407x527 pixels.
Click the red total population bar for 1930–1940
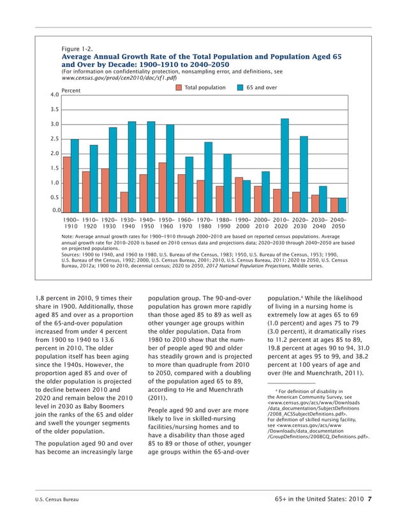pyautogui.click(x=124, y=202)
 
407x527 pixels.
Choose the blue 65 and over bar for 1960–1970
pyautogui.click(x=189, y=184)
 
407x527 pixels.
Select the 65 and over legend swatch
pyautogui.click(x=241, y=87)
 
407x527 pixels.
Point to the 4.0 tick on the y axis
pyautogui.click(x=54, y=95)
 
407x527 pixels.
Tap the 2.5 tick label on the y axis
pyautogui.click(x=54, y=139)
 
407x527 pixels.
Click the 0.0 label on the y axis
pyautogui.click(x=54, y=211)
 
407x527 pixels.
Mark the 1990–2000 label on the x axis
pyautogui.click(x=242, y=222)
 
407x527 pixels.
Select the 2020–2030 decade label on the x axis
pyautogui.click(x=300, y=222)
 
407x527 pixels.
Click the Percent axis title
pyautogui.click(x=71, y=91)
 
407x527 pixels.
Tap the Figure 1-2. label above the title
pyautogui.click(x=78, y=49)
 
